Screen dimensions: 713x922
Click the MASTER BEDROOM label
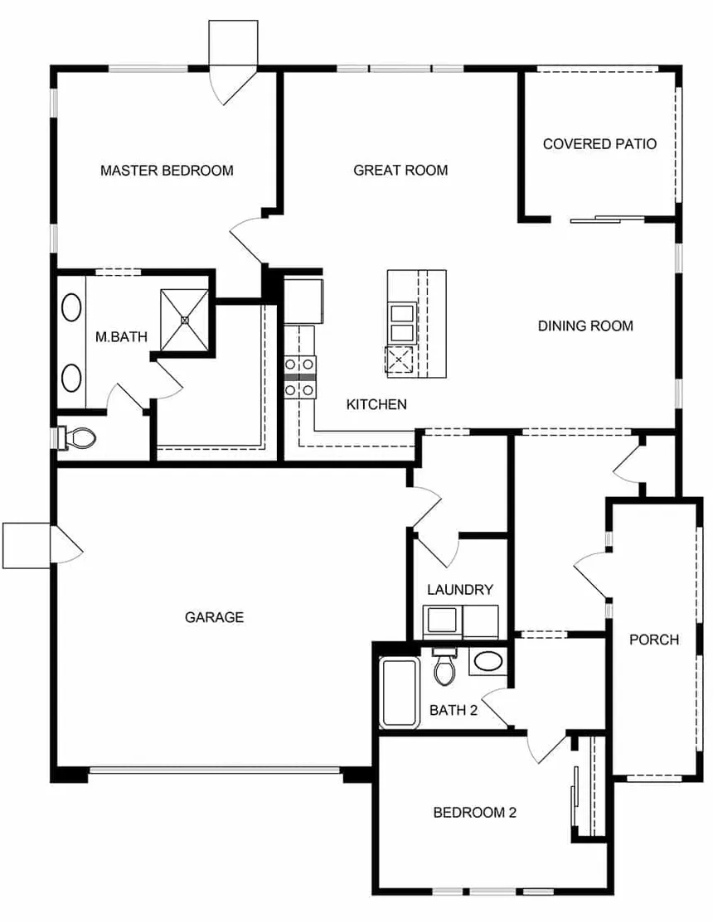coord(167,171)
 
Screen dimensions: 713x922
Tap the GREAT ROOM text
coord(400,170)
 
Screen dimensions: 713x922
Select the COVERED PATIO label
coord(599,144)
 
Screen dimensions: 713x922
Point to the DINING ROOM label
coord(585,326)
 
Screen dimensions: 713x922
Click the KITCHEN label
coord(376,404)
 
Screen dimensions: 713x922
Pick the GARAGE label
coord(214,617)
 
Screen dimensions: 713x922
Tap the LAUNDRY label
coord(460,590)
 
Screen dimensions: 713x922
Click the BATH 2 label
coord(454,710)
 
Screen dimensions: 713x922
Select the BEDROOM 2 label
coord(475,813)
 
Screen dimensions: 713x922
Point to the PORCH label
coord(654,640)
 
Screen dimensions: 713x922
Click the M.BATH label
coord(121,337)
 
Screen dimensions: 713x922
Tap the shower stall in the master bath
coord(185,320)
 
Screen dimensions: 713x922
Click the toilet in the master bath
coord(76,437)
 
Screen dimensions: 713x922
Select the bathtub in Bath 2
coord(400,692)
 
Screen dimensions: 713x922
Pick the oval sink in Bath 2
coord(488,662)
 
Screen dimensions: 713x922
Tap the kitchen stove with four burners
coord(300,377)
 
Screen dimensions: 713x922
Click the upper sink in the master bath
coord(72,307)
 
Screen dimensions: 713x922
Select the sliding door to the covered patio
coord(608,220)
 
